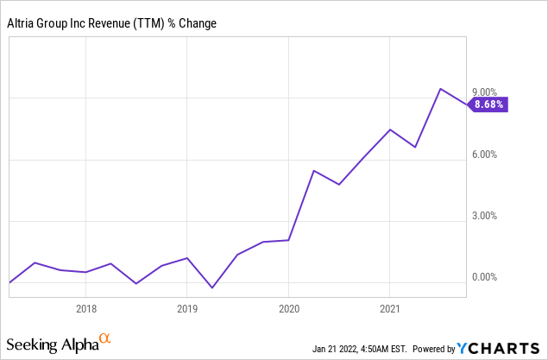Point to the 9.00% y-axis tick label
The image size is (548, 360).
tap(484, 92)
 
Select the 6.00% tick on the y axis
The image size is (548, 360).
tap(484, 155)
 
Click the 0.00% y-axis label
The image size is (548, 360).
tap(484, 277)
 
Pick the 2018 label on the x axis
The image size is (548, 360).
tap(86, 307)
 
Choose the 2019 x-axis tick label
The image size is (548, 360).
tap(187, 307)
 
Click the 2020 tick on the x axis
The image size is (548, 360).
tap(288, 307)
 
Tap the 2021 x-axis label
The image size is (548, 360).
tap(389, 307)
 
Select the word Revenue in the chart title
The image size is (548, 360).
tap(113, 22)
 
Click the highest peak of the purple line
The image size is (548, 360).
tap(440, 89)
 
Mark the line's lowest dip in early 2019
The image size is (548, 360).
tap(212, 287)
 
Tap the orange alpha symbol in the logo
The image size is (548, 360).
tap(104, 338)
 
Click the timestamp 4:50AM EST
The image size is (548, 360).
tap(381, 350)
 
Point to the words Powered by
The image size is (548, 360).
tap(436, 350)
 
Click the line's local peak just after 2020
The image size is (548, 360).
tap(313, 171)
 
